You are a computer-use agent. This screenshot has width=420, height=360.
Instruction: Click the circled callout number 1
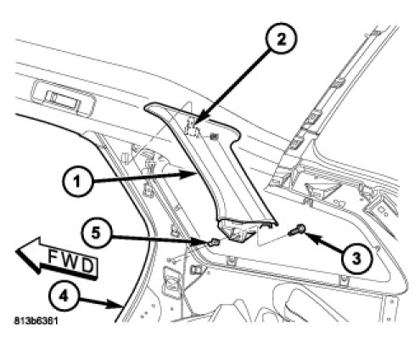[77, 181]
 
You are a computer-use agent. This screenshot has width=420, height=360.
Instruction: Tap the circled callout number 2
[281, 39]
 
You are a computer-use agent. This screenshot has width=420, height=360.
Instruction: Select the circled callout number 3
[356, 258]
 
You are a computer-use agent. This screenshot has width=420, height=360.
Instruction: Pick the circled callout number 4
[64, 296]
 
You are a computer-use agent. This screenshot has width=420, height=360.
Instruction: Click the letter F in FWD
[53, 256]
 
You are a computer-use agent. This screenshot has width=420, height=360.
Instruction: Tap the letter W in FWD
[70, 261]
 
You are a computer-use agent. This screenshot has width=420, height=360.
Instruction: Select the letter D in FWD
[87, 266]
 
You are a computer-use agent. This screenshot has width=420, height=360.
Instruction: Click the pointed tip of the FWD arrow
[16, 250]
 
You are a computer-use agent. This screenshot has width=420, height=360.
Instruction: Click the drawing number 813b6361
[36, 321]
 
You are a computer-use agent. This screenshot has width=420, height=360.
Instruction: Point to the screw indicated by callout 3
[297, 230]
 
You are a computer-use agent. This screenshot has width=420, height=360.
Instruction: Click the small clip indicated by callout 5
[213, 242]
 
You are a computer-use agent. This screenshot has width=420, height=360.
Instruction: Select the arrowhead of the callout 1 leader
[193, 175]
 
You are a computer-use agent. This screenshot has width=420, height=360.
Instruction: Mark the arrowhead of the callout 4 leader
[119, 305]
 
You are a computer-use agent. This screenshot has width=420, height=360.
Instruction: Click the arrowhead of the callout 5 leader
[204, 242]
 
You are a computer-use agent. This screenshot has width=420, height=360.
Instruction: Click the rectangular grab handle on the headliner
[63, 98]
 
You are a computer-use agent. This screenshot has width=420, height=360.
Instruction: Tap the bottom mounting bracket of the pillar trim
[237, 230]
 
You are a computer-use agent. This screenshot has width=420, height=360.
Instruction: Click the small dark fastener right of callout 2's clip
[215, 137]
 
